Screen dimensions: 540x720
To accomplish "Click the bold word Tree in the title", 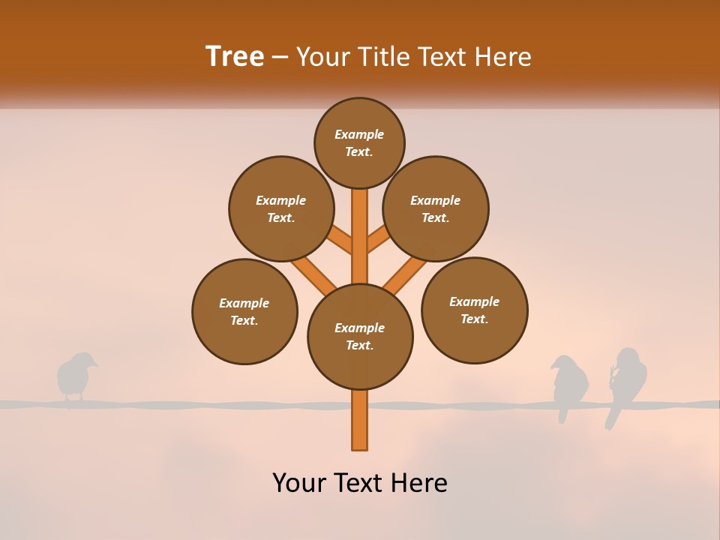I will tap(235, 56).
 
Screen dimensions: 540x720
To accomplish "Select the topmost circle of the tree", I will tap(359, 142).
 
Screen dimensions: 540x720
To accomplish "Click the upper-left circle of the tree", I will tap(281, 208).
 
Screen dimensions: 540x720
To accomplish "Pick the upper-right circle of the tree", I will tap(436, 208).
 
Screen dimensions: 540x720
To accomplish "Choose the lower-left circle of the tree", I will tap(244, 311).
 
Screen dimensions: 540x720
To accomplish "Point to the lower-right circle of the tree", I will tap(474, 310).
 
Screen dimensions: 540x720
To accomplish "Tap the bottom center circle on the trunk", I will tap(360, 336).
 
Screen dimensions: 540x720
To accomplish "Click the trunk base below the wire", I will tap(360, 427).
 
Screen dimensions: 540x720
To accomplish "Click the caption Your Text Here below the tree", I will tap(360, 483).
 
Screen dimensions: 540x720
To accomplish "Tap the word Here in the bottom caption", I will tap(421, 483).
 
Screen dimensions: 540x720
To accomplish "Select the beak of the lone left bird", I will tap(95, 365).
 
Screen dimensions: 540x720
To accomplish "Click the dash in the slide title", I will tap(280, 57).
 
